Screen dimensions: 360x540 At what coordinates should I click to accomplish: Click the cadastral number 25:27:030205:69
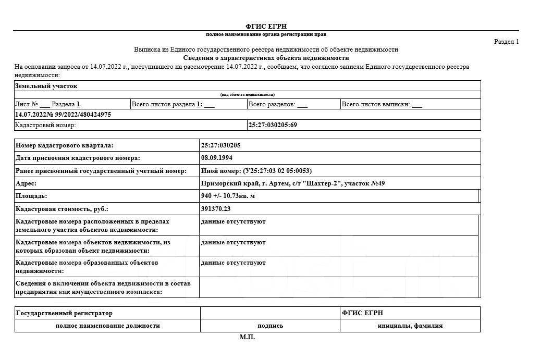(x=273, y=125)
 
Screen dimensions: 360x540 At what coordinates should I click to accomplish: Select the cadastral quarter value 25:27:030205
(x=221, y=145)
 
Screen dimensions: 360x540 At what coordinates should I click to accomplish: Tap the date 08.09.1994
(x=217, y=158)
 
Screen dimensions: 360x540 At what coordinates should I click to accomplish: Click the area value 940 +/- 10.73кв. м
(x=228, y=196)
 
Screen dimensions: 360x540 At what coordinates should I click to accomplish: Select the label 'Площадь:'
(x=31, y=196)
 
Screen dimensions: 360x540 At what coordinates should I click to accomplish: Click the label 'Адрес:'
(x=26, y=183)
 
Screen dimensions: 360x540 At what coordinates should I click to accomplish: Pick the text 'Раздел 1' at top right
(x=506, y=42)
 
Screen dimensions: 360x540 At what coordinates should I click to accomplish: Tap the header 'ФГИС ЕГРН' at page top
(x=266, y=27)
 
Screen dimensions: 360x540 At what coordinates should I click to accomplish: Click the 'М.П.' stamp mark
(x=247, y=338)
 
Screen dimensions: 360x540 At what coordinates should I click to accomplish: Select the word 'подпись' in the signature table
(x=270, y=326)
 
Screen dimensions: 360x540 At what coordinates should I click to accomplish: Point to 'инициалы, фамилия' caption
(x=410, y=326)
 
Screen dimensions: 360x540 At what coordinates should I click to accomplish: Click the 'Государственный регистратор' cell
(x=64, y=313)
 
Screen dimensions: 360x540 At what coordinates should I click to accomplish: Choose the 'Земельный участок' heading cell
(x=46, y=86)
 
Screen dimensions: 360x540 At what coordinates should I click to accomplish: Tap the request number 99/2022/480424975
(x=79, y=115)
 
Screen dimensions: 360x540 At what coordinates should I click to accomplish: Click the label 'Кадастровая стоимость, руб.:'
(x=62, y=209)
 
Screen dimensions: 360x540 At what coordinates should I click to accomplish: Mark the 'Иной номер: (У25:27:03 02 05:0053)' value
(x=256, y=171)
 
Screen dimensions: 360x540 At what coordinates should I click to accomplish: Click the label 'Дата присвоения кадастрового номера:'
(x=78, y=158)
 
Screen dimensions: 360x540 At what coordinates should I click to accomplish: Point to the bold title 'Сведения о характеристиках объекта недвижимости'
(x=266, y=58)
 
